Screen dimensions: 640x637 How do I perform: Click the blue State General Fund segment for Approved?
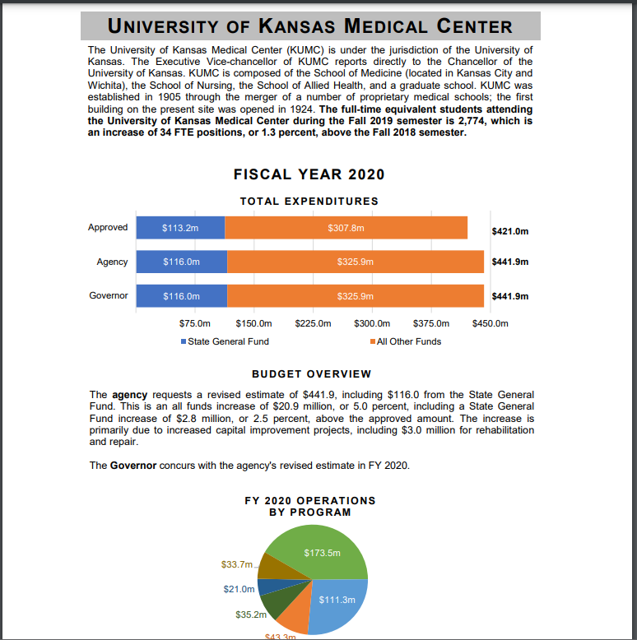pyautogui.click(x=180, y=228)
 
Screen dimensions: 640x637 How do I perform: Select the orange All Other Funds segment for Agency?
pyautogui.click(x=355, y=262)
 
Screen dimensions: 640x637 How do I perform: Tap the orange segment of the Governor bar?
pyautogui.click(x=355, y=295)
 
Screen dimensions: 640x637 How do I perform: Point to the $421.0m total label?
pyautogui.click(x=509, y=231)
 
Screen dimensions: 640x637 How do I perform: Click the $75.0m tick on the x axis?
pyautogui.click(x=195, y=323)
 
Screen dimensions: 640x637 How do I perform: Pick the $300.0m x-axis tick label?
pyautogui.click(x=371, y=323)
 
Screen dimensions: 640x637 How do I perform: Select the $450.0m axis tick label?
pyautogui.click(x=491, y=323)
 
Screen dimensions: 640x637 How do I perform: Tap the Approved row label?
pyautogui.click(x=108, y=228)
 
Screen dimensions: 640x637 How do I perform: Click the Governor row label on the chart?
pyautogui.click(x=108, y=295)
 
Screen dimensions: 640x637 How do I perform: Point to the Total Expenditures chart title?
pyautogui.click(x=309, y=201)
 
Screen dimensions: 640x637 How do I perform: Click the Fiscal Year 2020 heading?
pyautogui.click(x=309, y=174)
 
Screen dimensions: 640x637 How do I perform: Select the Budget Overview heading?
pyautogui.click(x=311, y=374)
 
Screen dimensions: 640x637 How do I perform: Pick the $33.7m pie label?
pyautogui.click(x=237, y=564)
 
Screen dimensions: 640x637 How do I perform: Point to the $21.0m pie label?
pyautogui.click(x=239, y=589)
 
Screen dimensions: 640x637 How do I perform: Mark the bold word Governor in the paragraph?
pyautogui.click(x=133, y=466)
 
